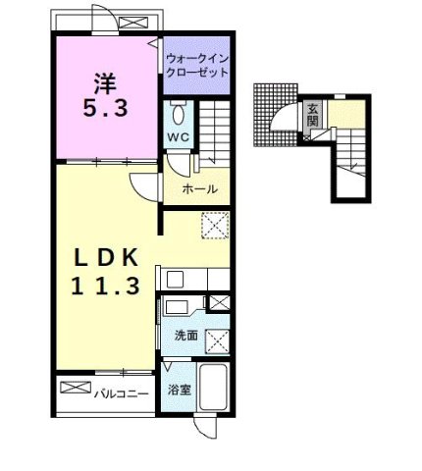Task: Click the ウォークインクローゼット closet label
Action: point(196,65)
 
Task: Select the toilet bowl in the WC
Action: point(178,111)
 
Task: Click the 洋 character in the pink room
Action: point(106,79)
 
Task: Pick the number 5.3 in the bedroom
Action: point(106,109)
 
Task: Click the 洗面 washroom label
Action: point(185,336)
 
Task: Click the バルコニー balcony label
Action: point(122,393)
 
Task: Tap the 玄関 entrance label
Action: point(313,114)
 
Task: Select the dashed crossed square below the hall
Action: point(214,225)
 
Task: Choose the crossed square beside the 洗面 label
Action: point(218,340)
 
